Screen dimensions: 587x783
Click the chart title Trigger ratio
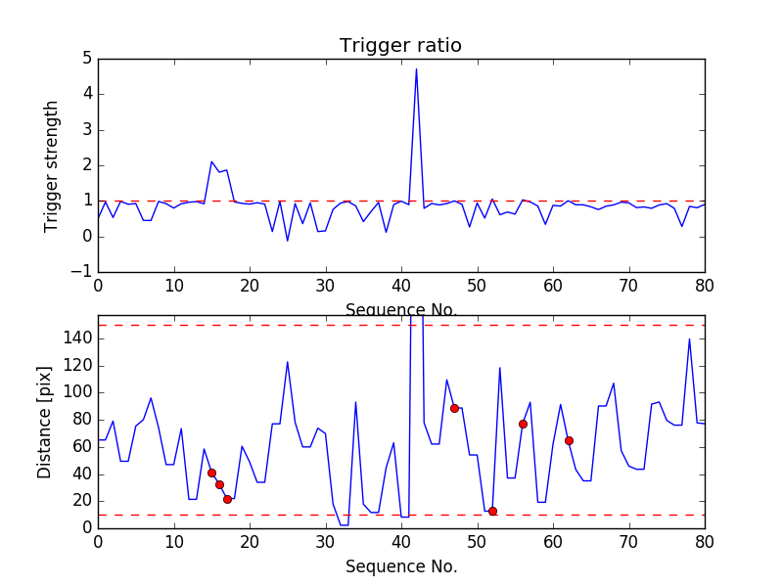click(x=400, y=46)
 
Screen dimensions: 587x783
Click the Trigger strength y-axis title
click(x=52, y=165)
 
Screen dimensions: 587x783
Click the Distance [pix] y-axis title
click(x=45, y=422)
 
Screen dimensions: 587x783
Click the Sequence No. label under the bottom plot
click(x=400, y=566)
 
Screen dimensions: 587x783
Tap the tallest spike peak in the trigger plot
click(x=416, y=68)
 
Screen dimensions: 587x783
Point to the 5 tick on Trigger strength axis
click(x=86, y=59)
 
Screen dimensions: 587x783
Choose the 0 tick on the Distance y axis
click(x=86, y=527)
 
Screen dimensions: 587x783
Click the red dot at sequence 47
click(x=454, y=408)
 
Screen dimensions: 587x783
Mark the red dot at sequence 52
click(x=492, y=511)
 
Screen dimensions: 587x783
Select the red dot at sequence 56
click(x=523, y=424)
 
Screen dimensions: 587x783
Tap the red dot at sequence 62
click(x=569, y=440)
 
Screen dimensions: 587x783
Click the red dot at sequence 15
click(x=211, y=473)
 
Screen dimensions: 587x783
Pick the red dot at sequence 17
click(x=227, y=499)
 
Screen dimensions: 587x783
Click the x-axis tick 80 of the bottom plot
click(x=705, y=542)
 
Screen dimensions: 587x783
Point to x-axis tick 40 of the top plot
click(x=401, y=286)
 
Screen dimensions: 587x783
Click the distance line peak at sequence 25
click(x=288, y=362)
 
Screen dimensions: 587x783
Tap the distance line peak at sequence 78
click(x=689, y=339)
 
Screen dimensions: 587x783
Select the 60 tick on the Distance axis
click(x=80, y=446)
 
